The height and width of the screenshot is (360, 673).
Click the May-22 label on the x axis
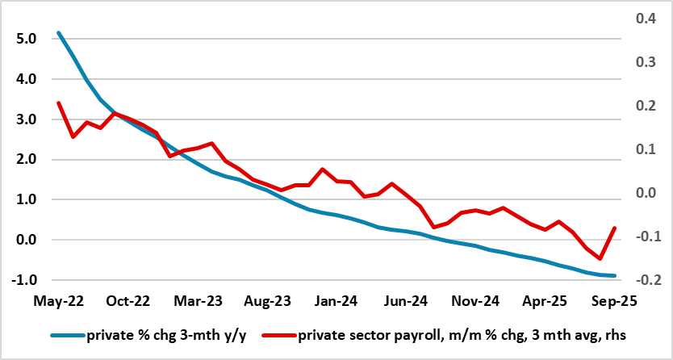(x=59, y=300)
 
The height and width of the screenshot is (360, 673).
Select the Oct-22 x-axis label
(x=128, y=300)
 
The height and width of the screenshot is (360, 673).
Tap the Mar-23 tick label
(x=198, y=300)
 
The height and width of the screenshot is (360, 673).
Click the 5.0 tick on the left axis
(x=26, y=39)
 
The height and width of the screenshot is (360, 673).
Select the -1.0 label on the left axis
(x=24, y=280)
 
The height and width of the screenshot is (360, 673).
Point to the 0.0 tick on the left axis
(x=26, y=240)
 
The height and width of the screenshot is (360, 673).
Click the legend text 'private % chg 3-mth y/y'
(x=165, y=333)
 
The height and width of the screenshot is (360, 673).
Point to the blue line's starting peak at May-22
(x=59, y=33)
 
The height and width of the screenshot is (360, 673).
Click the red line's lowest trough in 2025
(x=600, y=258)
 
